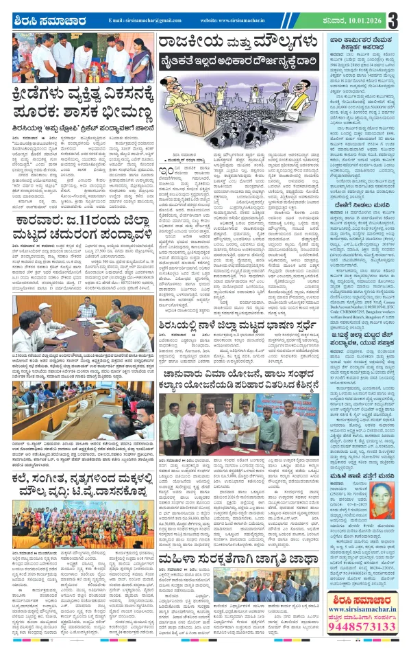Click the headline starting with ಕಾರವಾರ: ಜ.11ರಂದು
[x=79, y=239]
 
